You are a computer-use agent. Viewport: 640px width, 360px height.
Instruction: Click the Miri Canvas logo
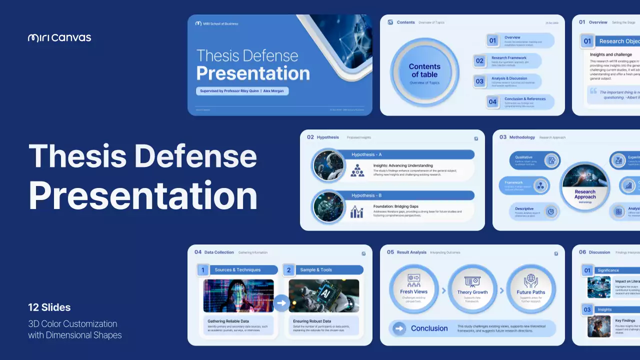[x=59, y=37]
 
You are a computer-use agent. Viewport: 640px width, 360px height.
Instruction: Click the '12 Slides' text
[x=49, y=307]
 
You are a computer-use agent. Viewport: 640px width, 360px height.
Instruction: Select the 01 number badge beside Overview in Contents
[x=492, y=40]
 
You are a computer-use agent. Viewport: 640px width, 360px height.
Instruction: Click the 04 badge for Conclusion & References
[x=492, y=102]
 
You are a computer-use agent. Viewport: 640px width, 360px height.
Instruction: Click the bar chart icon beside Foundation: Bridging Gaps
[x=357, y=211]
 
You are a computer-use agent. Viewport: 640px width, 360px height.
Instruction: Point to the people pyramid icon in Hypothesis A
[x=357, y=170]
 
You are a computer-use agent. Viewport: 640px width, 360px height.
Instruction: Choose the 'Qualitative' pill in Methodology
[x=534, y=160]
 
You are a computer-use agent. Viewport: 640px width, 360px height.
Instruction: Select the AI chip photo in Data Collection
[x=323, y=295]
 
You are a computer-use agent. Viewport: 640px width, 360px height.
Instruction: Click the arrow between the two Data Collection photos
[x=281, y=302]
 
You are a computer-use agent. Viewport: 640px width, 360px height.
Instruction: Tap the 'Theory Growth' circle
[x=472, y=289]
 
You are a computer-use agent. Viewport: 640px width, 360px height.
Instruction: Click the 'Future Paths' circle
[x=531, y=289]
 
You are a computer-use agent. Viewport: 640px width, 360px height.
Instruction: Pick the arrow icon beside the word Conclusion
[x=399, y=328]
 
